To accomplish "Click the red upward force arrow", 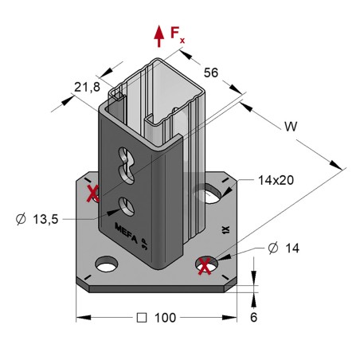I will (158, 34).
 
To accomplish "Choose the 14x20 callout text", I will (276, 180).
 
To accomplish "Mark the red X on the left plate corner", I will (93, 194).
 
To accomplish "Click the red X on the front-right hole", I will (206, 264).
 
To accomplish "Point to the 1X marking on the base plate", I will (225, 232).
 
